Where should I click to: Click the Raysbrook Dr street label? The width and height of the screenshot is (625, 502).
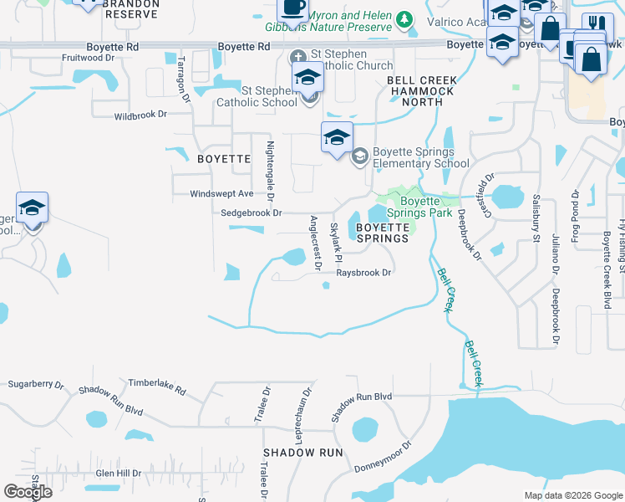click(364, 273)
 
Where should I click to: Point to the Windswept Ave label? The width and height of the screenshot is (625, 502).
click(221, 193)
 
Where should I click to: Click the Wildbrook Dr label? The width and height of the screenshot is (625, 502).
click(140, 115)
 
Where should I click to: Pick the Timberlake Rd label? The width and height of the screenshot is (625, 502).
click(156, 383)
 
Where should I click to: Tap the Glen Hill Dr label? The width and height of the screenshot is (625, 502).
click(118, 473)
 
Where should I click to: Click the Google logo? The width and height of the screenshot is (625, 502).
click(28, 492)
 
